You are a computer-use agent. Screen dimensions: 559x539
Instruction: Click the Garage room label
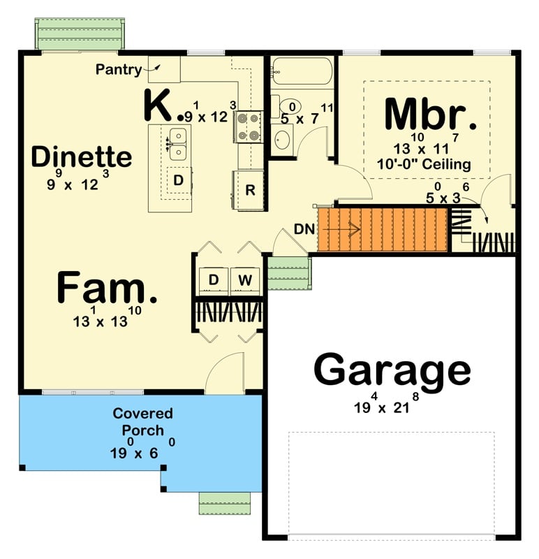point(392,370)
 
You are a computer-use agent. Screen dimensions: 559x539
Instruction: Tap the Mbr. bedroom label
point(431,115)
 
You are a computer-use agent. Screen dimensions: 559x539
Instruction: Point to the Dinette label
point(82,157)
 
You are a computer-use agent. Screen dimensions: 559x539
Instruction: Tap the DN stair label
point(304,229)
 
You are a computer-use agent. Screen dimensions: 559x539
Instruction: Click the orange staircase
point(382,229)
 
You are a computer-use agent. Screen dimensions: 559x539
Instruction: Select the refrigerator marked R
point(250,190)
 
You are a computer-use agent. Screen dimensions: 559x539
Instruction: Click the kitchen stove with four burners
point(248,126)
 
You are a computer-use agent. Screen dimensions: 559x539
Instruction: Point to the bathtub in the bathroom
point(302,72)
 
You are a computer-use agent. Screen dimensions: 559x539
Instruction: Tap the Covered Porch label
point(143,421)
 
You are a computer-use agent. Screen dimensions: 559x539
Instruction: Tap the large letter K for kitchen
point(158,105)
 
